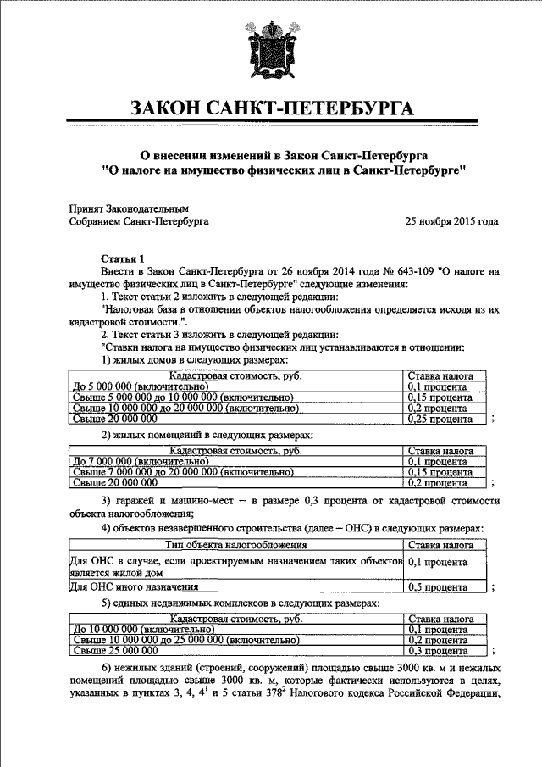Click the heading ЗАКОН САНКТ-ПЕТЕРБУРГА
[271, 108]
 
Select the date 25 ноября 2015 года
[451, 222]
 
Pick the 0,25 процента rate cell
[440, 419]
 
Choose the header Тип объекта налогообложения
[235, 546]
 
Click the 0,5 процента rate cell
[440, 586]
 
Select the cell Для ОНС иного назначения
[134, 586]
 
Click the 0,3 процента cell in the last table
[440, 651]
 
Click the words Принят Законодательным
[129, 208]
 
